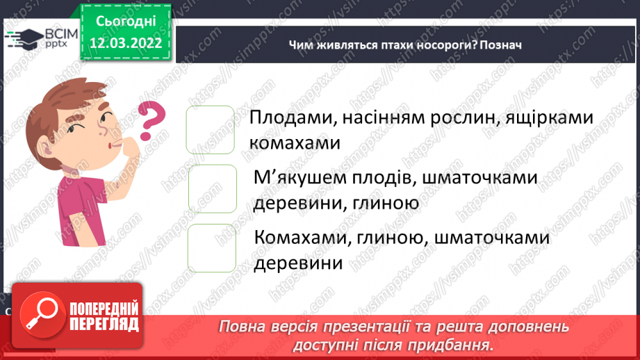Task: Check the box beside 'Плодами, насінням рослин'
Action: click(211, 129)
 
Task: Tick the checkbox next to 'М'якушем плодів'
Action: click(213, 189)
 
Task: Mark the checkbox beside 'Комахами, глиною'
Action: click(212, 248)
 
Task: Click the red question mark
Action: click(152, 120)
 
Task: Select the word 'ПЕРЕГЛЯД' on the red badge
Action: click(105, 324)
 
